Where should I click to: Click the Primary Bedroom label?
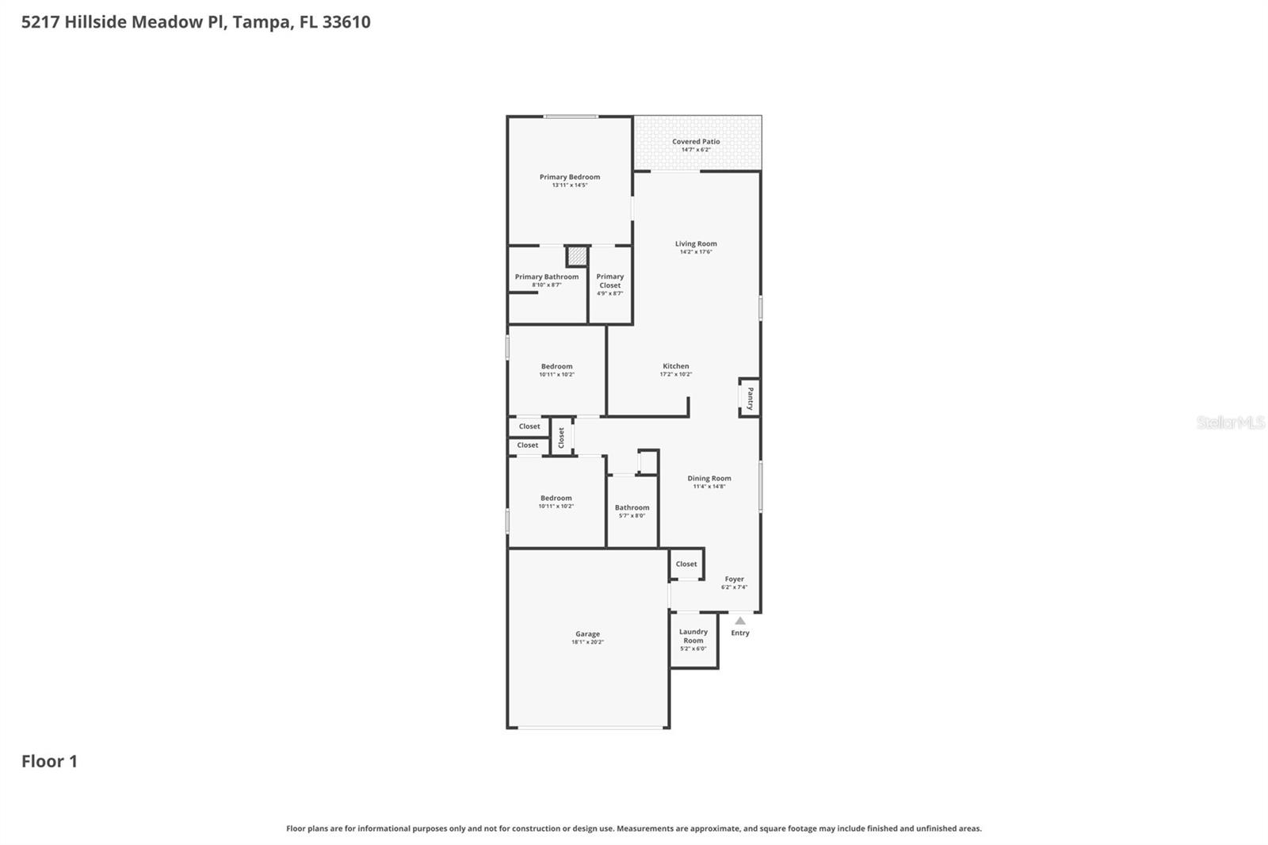pyautogui.click(x=569, y=177)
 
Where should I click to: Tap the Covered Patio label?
pyautogui.click(x=696, y=141)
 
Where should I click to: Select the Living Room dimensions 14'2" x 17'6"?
pyautogui.click(x=696, y=252)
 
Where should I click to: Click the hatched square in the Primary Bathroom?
pyautogui.click(x=577, y=256)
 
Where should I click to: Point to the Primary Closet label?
pyautogui.click(x=609, y=281)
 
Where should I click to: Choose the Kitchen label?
pyautogui.click(x=675, y=366)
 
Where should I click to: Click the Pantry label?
pyautogui.click(x=750, y=397)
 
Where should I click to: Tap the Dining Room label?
pyautogui.click(x=708, y=478)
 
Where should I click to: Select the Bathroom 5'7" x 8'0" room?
pyautogui.click(x=632, y=511)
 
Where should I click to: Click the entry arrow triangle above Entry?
pyautogui.click(x=739, y=621)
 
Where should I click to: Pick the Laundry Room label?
pyautogui.click(x=693, y=636)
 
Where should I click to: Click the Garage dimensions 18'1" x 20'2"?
pyautogui.click(x=587, y=642)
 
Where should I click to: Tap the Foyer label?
pyautogui.click(x=734, y=579)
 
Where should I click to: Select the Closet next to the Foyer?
pyautogui.click(x=686, y=564)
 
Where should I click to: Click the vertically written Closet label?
pyautogui.click(x=561, y=437)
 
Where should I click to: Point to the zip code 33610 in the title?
pyautogui.click(x=346, y=21)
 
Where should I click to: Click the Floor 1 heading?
pyautogui.click(x=49, y=761)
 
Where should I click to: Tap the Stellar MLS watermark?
pyautogui.click(x=1230, y=422)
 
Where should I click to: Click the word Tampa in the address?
pyautogui.click(x=261, y=21)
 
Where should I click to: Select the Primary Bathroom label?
pyautogui.click(x=546, y=277)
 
